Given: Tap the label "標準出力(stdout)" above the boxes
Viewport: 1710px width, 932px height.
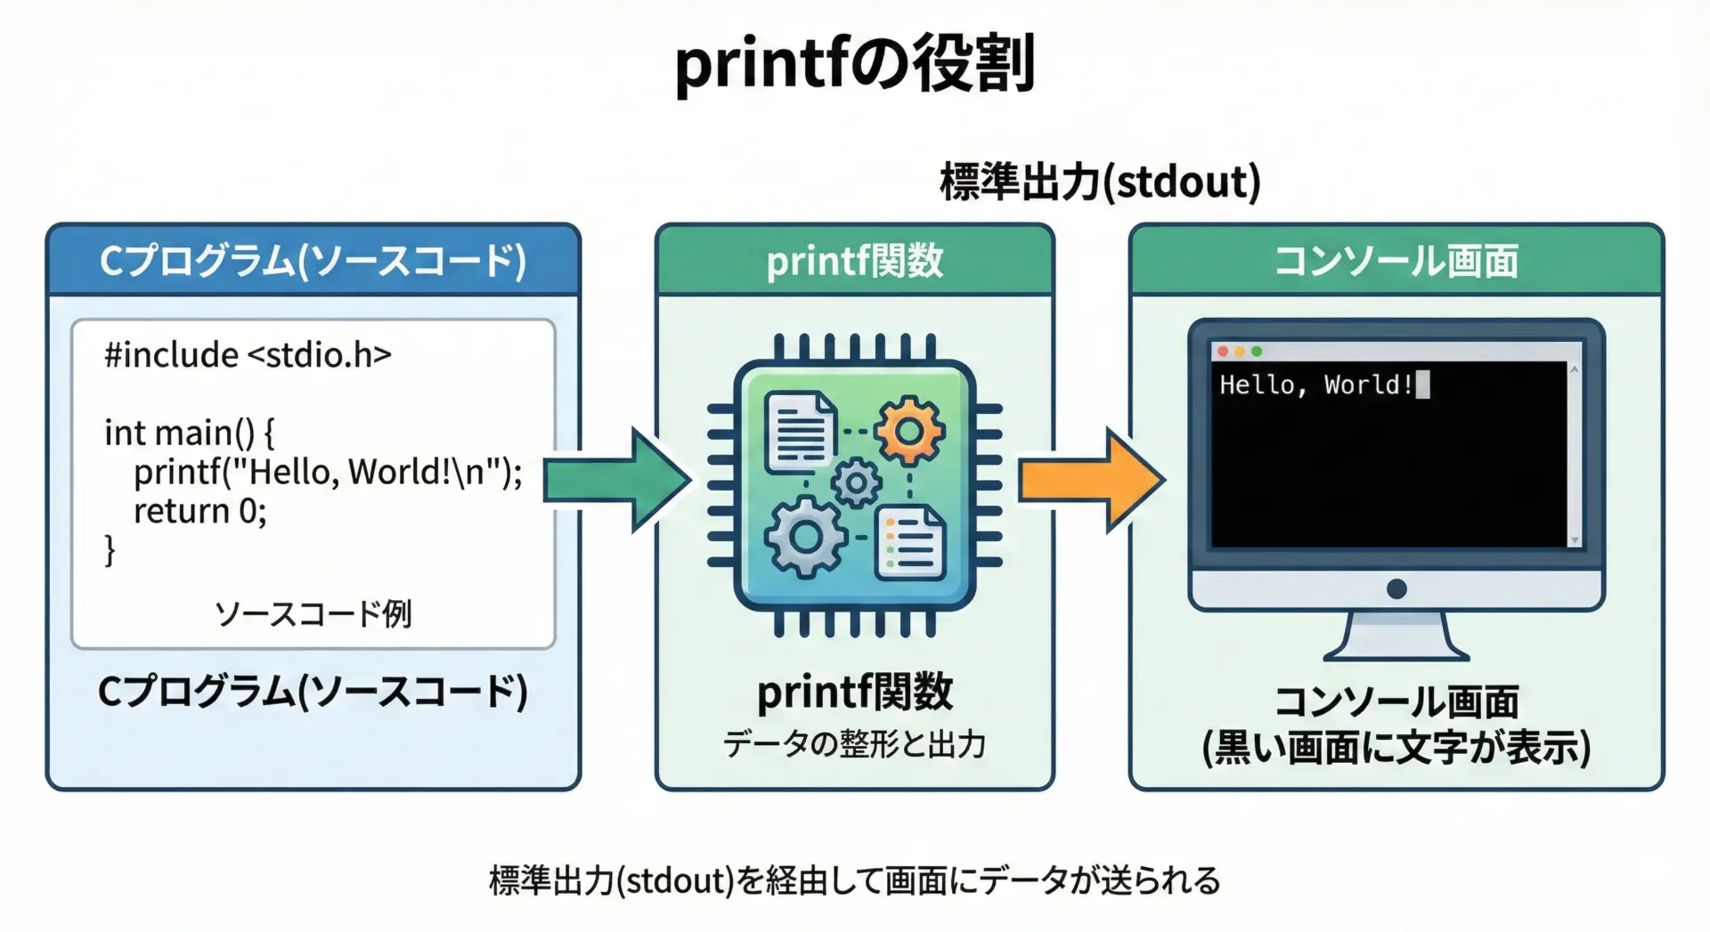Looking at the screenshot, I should (x=1100, y=182).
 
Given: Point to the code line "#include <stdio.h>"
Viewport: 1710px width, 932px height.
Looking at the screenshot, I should (x=248, y=355).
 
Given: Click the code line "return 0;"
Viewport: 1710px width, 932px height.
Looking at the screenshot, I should (x=199, y=511).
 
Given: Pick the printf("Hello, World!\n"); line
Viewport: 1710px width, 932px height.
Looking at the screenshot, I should (x=328, y=472).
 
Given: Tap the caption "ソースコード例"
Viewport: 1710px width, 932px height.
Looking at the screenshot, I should (x=313, y=613).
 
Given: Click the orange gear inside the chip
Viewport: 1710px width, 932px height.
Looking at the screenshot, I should (x=908, y=432).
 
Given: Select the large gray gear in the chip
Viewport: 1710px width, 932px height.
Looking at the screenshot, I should (x=806, y=537).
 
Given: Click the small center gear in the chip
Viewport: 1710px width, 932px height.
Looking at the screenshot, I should (x=856, y=483).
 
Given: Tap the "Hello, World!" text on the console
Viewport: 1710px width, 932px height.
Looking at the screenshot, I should (x=1315, y=385).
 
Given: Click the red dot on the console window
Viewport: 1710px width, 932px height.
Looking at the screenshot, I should (x=1223, y=352).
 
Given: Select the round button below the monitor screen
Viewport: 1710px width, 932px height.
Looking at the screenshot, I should (x=1396, y=588).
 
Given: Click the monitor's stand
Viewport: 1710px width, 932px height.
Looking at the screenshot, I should (x=1396, y=636).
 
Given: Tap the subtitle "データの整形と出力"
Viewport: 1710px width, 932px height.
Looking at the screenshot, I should (x=854, y=743).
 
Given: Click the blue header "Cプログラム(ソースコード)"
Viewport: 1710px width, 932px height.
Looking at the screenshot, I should (x=313, y=261).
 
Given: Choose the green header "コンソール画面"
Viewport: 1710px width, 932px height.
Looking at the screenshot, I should (x=1396, y=261).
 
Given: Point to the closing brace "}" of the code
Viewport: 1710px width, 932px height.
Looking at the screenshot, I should (x=110, y=549).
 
